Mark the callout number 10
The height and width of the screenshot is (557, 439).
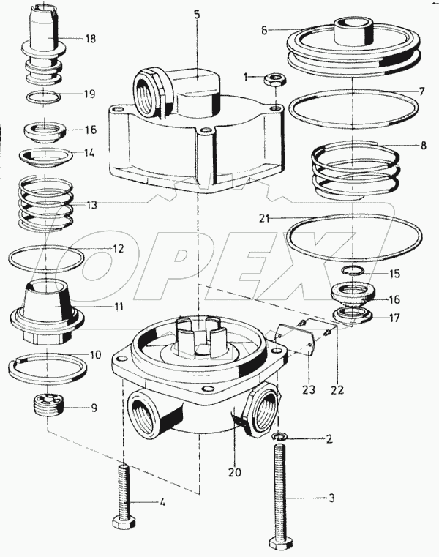click(95, 355)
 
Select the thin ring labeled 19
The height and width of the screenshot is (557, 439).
click(47, 96)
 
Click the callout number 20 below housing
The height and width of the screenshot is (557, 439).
click(234, 472)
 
